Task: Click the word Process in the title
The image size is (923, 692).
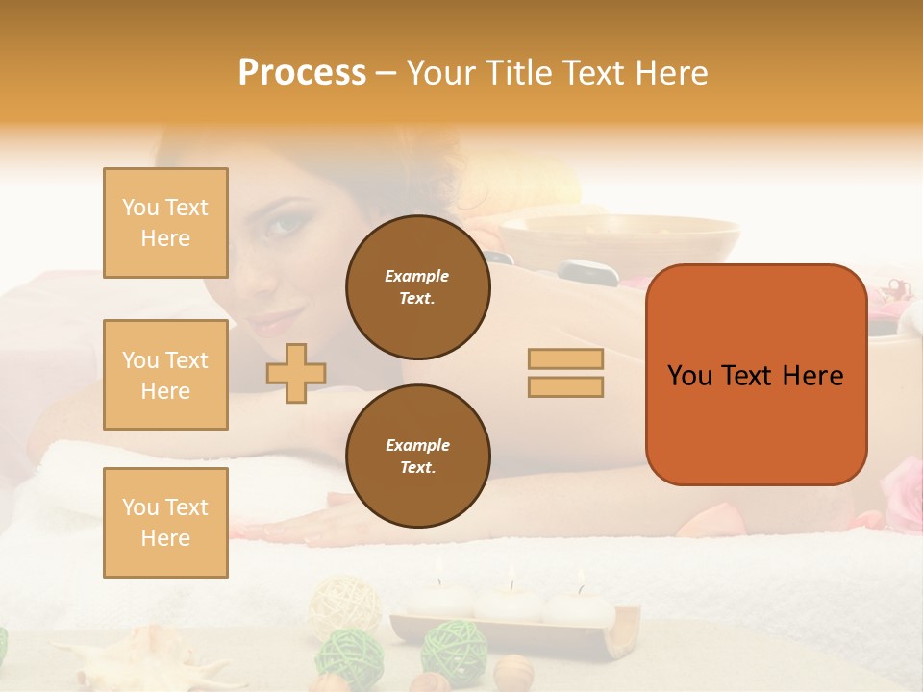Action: [302, 73]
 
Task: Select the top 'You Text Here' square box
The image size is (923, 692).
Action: [165, 223]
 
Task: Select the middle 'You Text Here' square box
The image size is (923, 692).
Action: [165, 375]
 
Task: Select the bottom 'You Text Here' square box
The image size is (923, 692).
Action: [165, 522]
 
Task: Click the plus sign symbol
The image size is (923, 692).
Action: [296, 373]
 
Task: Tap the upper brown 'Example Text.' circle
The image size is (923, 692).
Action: [417, 287]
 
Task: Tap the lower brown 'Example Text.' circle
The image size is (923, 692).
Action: [417, 457]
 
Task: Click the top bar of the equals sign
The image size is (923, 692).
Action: [565, 359]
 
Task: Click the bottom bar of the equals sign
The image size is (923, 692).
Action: [565, 386]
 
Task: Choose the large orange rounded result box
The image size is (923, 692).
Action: [756, 375]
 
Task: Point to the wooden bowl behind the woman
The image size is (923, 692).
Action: [620, 240]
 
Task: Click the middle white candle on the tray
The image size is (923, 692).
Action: [510, 604]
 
